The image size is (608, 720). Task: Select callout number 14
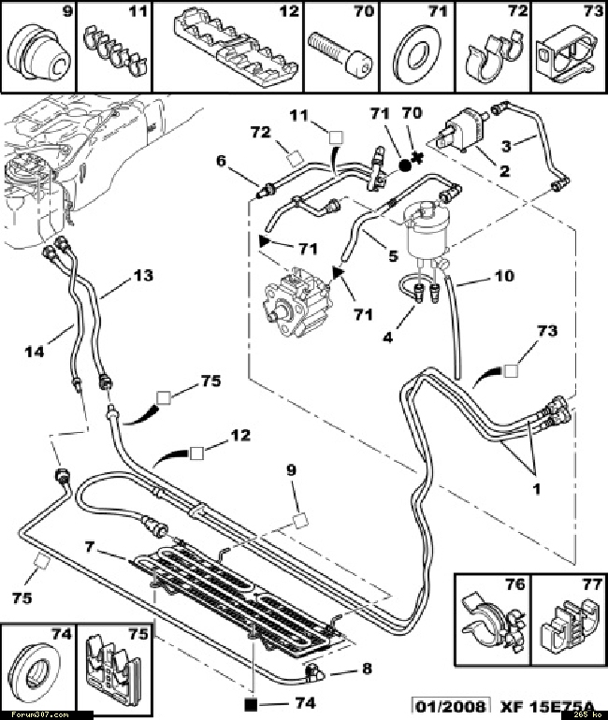[36, 351]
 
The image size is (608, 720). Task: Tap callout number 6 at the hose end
[222, 161]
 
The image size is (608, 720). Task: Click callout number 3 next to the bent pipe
[531, 146]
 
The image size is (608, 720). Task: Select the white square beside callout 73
[511, 371]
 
